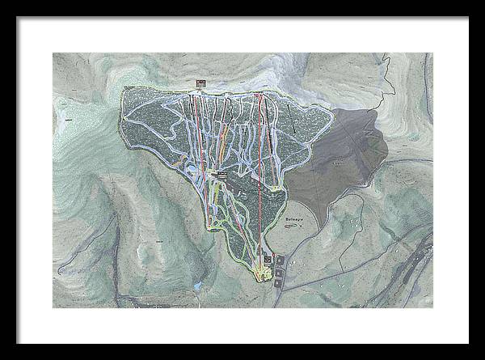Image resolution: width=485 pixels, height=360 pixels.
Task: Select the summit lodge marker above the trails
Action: [201, 83]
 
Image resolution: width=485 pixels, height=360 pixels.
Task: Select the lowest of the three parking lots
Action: [280, 284]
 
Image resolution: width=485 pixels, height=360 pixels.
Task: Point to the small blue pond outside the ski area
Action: [196, 286]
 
